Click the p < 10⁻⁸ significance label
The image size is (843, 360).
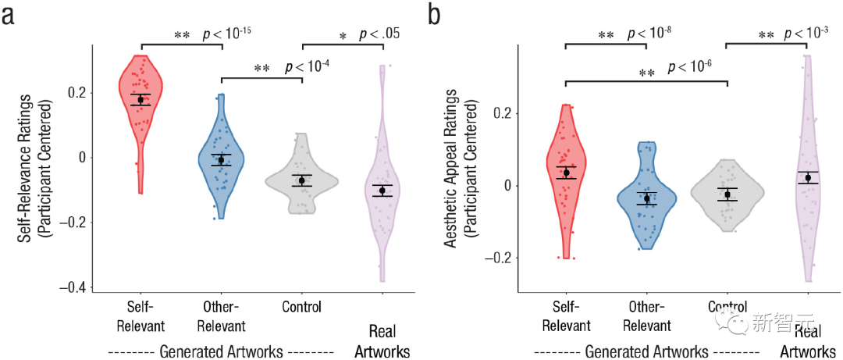pos(650,35)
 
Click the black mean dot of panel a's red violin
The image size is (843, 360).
pos(140,99)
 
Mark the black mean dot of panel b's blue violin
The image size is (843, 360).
pos(647,198)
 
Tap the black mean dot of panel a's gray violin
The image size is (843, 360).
pos(301,180)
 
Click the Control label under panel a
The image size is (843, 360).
pos(301,307)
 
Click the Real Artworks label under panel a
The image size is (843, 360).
pos(382,340)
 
